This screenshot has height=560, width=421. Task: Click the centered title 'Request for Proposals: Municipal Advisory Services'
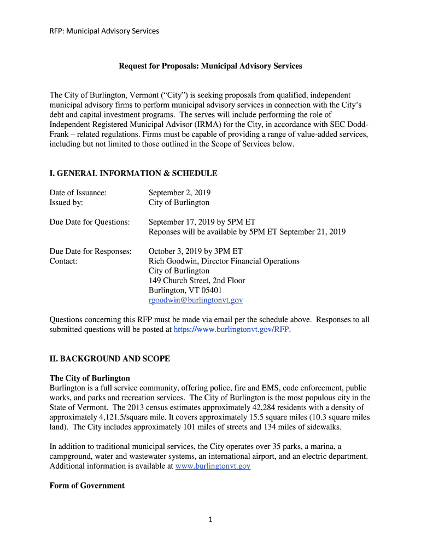pos(210,66)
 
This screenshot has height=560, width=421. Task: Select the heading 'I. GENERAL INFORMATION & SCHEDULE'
pos(133,173)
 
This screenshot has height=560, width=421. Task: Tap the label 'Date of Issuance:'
pos(78,192)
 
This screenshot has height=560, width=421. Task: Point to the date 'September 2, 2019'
pos(179,192)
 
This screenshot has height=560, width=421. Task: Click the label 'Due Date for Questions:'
pos(90,222)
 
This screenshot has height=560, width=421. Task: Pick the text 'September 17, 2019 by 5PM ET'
pos(202,222)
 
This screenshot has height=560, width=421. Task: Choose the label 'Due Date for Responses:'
pos(91,252)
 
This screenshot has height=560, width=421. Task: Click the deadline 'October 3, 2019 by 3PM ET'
pos(195,252)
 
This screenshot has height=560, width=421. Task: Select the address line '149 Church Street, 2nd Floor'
pos(197,281)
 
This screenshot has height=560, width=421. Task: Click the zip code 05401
pos(211,290)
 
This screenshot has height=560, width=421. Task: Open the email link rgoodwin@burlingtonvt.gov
pos(196,300)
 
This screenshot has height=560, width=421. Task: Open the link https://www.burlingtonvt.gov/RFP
pos(231,330)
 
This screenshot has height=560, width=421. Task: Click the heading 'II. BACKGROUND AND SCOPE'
pos(110,359)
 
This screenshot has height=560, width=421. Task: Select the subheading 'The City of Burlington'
pos(90,378)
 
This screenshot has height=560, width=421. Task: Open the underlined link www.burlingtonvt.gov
pos(212,466)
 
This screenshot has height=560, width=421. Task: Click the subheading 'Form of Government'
pos(87,486)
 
